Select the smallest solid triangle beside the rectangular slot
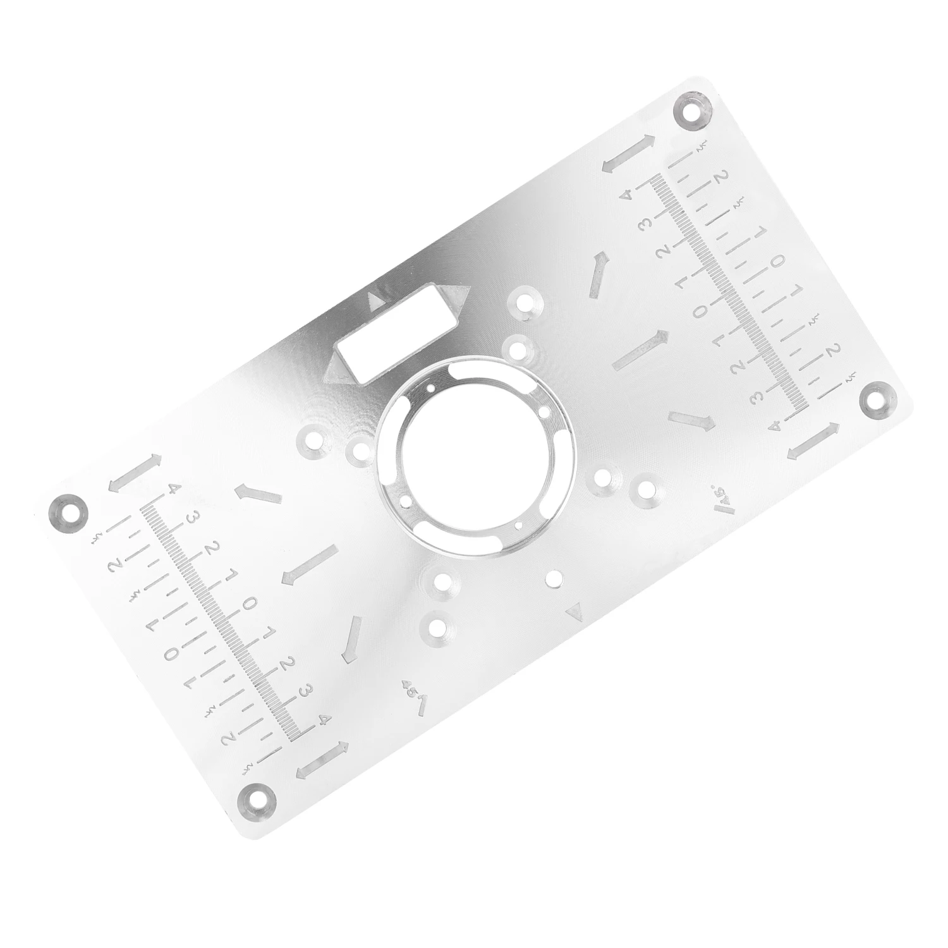pyautogui.click(x=377, y=298)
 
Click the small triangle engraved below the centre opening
pyautogui.click(x=574, y=611)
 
